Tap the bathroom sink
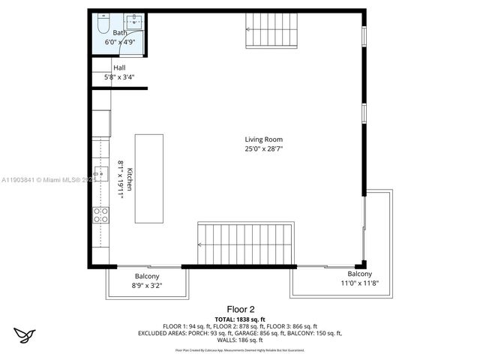click(134, 20)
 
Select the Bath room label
click(120, 33)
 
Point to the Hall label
click(119, 67)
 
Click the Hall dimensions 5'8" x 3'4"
click(118, 76)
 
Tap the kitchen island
click(148, 178)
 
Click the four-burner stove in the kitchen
click(100, 216)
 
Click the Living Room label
click(264, 139)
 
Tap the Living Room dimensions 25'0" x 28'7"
click(264, 148)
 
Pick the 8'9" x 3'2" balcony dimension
click(147, 285)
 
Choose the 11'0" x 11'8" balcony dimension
click(359, 283)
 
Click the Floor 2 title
click(241, 309)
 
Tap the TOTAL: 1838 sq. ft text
click(241, 319)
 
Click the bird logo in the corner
click(25, 334)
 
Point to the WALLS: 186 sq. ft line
click(241, 340)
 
